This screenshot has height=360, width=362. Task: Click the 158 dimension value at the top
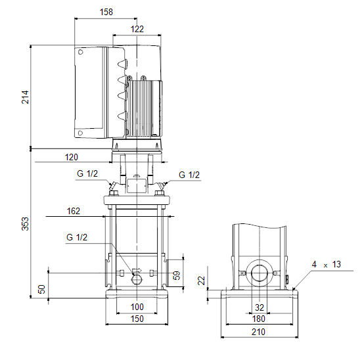pyautogui.click(x=106, y=12)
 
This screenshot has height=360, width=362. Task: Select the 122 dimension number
pyautogui.click(x=137, y=29)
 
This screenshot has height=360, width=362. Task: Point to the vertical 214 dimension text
pyautogui.click(x=25, y=97)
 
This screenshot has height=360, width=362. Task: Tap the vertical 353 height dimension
pyautogui.click(x=25, y=223)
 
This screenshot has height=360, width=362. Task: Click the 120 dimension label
pyautogui.click(x=72, y=157)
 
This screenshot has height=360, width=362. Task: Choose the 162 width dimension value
pyautogui.click(x=73, y=211)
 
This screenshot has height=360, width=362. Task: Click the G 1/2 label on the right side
pyautogui.click(x=189, y=175)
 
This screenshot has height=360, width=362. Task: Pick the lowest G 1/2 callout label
pyautogui.click(x=77, y=237)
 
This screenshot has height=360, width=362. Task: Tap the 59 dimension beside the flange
pyautogui.click(x=177, y=275)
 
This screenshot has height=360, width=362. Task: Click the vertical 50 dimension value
pyautogui.click(x=42, y=289)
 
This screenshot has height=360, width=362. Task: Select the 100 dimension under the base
pyautogui.click(x=137, y=307)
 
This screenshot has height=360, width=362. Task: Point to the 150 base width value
pyautogui.click(x=137, y=319)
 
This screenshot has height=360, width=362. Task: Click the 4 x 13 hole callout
pyautogui.click(x=327, y=264)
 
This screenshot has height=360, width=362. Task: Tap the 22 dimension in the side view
pyautogui.click(x=202, y=281)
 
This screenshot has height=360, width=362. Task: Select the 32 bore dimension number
pyautogui.click(x=260, y=307)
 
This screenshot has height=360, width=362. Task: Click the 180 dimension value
pyautogui.click(x=259, y=319)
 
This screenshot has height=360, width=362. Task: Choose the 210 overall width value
pyautogui.click(x=259, y=332)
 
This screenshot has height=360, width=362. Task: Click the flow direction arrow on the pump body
pyautogui.click(x=137, y=270)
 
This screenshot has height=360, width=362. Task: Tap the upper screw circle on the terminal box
pyautogui.click(x=80, y=52)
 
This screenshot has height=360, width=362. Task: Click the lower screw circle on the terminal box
pyautogui.click(x=80, y=133)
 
